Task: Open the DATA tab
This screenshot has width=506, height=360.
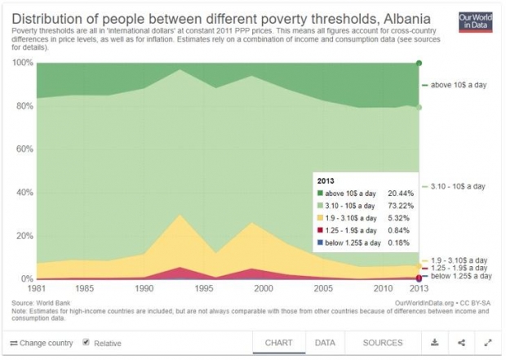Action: pyautogui.click(x=325, y=343)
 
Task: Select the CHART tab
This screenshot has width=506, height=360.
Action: pyautogui.click(x=279, y=343)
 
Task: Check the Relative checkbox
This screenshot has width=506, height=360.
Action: pyautogui.click(x=87, y=343)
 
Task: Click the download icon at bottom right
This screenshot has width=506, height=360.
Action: pyautogui.click(x=435, y=343)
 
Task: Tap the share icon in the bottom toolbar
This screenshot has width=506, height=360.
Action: pyautogui.click(x=461, y=343)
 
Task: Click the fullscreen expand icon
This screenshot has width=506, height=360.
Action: pyautogui.click(x=487, y=343)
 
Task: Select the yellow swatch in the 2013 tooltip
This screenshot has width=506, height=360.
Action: pyautogui.click(x=322, y=218)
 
